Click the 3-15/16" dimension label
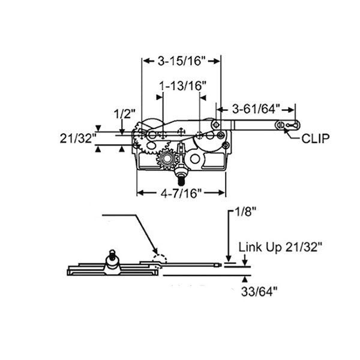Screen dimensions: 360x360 click(181, 61)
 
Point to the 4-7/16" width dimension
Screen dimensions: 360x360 click(181, 193)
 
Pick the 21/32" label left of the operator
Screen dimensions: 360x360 click(78, 138)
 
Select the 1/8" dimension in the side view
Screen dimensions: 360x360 click(241, 212)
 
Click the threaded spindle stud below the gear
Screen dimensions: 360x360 click(181, 178)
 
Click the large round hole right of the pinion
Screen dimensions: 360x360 click(194, 159)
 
